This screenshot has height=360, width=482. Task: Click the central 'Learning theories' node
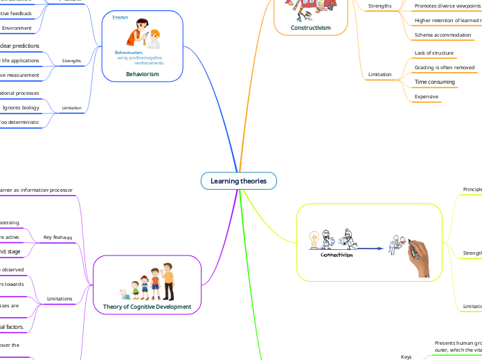pos(239,181)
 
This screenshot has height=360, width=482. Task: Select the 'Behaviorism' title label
pos(142,74)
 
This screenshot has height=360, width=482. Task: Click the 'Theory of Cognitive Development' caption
pos(147,306)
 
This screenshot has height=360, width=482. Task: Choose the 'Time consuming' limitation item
pos(434,82)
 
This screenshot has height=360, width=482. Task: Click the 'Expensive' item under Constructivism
pos(426,97)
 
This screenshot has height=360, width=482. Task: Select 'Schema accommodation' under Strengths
pos(442,35)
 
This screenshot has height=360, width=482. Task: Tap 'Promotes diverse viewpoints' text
pos(447,6)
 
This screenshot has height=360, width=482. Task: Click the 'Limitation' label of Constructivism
pos(380,75)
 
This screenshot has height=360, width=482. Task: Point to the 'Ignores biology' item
pos(21,108)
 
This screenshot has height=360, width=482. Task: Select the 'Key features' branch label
pos(57,237)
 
